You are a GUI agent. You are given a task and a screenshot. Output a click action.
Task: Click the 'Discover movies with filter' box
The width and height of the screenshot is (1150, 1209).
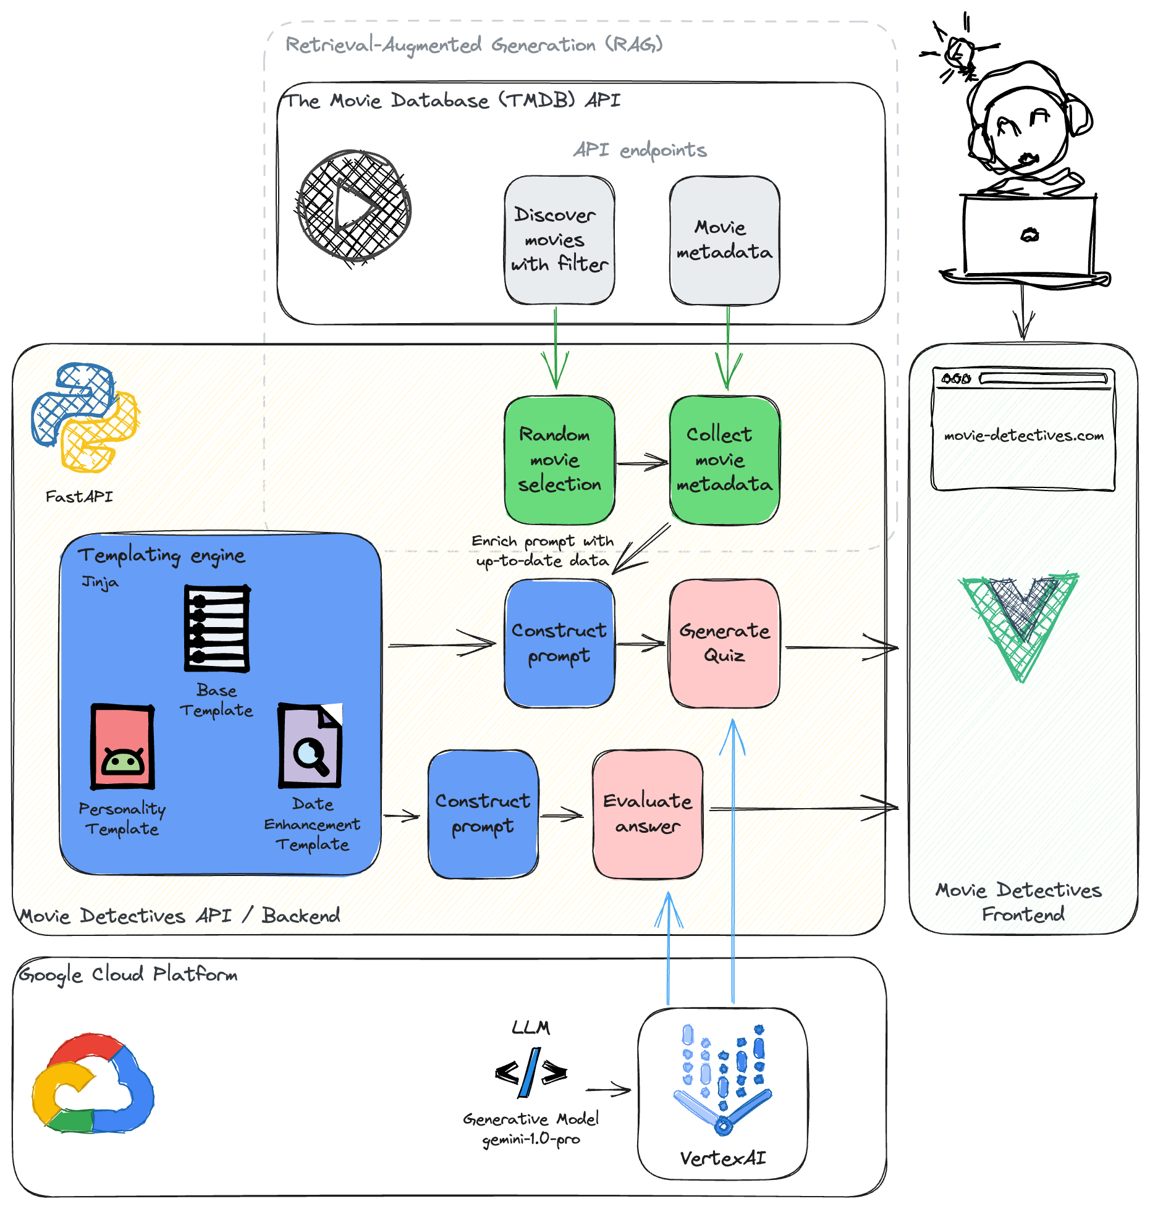tap(559, 240)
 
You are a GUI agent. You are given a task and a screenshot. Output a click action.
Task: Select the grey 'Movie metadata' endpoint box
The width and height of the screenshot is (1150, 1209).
tap(724, 240)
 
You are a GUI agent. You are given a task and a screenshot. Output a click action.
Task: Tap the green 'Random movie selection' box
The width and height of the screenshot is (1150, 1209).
tap(559, 460)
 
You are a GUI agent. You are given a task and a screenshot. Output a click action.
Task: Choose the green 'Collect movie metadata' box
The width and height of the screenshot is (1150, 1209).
tap(724, 460)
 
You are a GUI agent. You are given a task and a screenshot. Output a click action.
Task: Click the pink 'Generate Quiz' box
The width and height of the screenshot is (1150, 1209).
tap(724, 642)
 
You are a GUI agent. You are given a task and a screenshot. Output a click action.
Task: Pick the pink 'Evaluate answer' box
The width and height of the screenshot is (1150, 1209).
tap(647, 813)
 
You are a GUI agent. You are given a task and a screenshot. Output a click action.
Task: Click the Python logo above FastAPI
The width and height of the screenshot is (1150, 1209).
tap(85, 418)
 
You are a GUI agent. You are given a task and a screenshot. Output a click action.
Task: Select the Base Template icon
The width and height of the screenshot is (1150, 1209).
tap(217, 628)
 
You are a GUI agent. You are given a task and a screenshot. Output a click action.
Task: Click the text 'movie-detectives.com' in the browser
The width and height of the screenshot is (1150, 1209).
tap(1023, 436)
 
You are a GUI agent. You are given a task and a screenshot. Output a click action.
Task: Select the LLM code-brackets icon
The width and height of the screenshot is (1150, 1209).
tap(531, 1072)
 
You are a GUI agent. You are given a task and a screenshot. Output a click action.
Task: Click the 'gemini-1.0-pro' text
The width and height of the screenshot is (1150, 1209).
tap(531, 1139)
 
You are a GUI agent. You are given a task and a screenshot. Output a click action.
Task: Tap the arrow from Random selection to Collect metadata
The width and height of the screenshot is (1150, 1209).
tap(642, 461)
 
